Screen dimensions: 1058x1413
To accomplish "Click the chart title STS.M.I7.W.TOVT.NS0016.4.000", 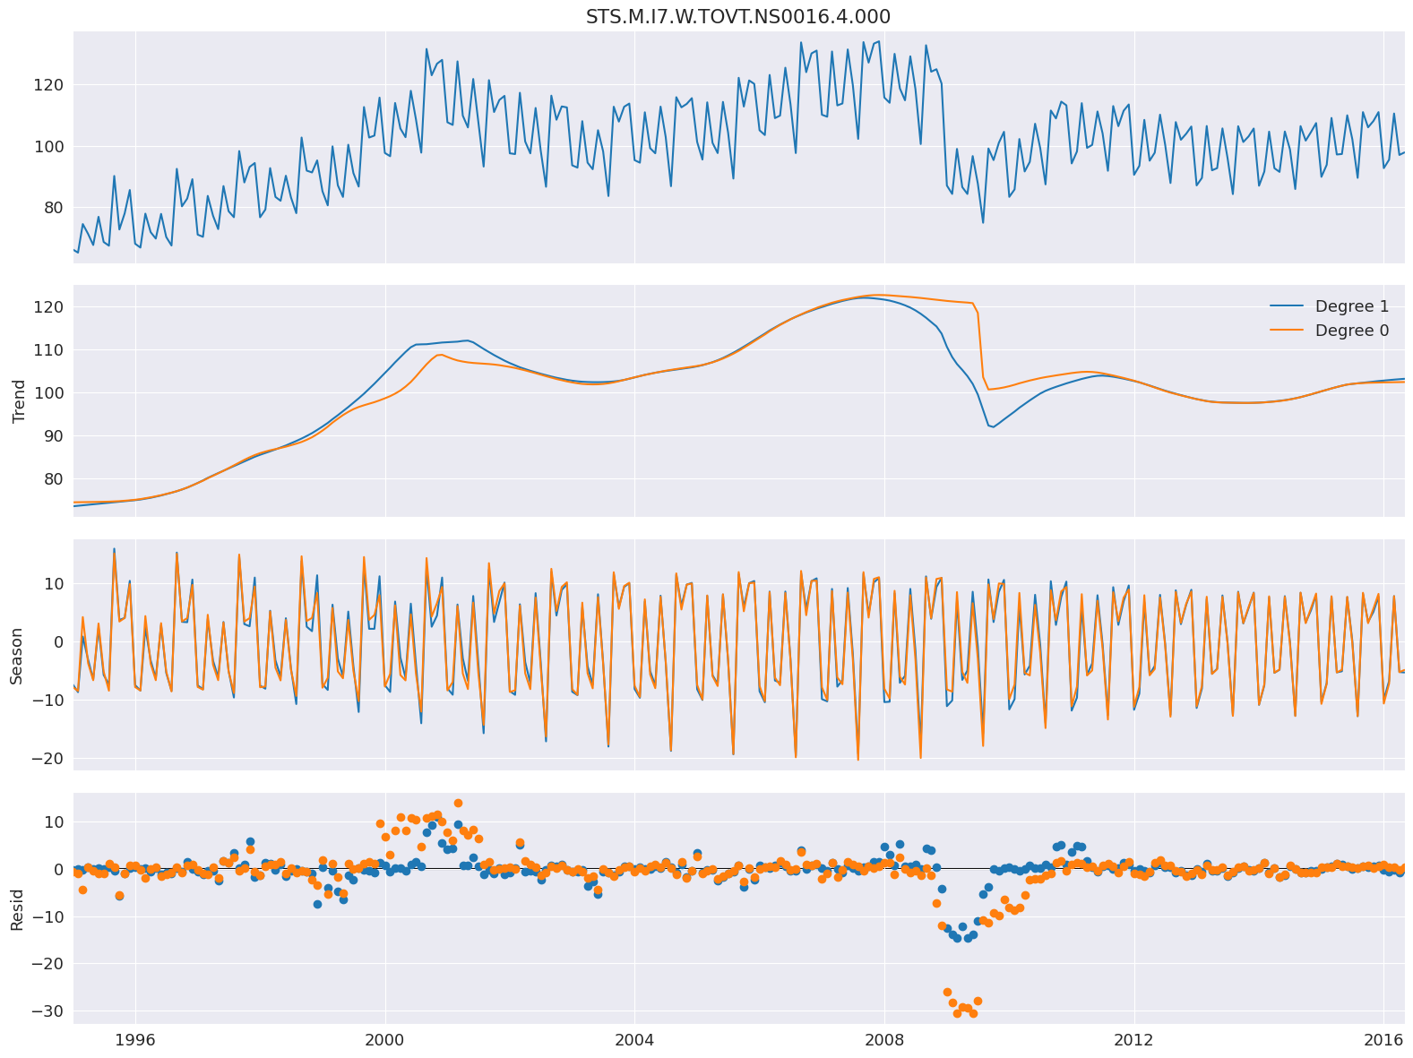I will click(737, 17).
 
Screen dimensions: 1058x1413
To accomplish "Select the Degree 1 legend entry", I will click(1351, 306).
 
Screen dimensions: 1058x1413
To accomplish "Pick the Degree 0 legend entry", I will click(1351, 331).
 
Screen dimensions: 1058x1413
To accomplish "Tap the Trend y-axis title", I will click(18, 400).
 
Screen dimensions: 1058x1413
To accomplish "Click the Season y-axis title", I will click(18, 654).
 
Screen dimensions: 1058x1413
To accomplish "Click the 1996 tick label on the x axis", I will click(135, 1039).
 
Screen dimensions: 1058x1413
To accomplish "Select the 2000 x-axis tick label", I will click(385, 1039).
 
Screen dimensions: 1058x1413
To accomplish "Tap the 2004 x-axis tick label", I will click(634, 1039).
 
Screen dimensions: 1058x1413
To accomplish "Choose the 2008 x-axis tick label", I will click(884, 1039).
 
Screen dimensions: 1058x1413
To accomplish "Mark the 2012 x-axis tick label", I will click(1133, 1039).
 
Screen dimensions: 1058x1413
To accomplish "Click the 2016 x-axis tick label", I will click(1383, 1039).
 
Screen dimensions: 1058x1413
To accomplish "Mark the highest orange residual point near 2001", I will click(458, 803).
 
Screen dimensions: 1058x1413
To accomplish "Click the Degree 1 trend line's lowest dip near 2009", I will click(993, 426).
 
